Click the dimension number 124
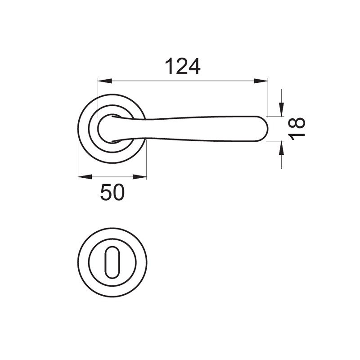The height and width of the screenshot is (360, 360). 183,67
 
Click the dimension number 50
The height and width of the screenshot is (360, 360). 112,193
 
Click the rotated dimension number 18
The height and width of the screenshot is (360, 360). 297,128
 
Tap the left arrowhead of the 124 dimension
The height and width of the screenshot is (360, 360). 105,81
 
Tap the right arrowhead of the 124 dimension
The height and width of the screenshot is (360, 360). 261,81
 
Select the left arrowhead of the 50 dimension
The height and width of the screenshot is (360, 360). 85,177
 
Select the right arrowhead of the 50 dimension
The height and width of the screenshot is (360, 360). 139,177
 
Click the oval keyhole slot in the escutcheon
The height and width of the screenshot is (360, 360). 112,262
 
